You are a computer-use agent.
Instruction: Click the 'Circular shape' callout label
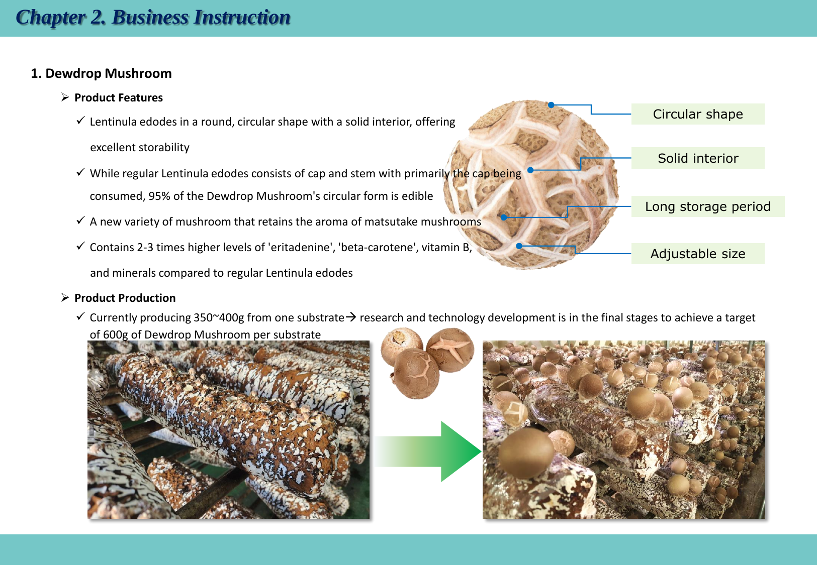[x=698, y=114]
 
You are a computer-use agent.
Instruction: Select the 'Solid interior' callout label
[x=698, y=158]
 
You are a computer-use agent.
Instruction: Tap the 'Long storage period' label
[x=707, y=206]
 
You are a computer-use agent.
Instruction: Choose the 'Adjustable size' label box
[x=698, y=254]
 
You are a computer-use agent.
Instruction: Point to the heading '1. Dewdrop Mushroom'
[x=101, y=74]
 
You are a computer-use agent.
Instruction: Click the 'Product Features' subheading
[x=119, y=97]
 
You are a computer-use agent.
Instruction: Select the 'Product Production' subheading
[x=125, y=298]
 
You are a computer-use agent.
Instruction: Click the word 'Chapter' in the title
[x=51, y=18]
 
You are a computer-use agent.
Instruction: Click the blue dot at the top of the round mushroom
[x=551, y=105]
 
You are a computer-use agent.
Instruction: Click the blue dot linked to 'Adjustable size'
[x=519, y=246]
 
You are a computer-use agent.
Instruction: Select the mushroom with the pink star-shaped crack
[x=450, y=350]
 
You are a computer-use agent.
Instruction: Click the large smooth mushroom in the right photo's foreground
[x=526, y=453]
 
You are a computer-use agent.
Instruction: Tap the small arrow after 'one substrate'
[x=351, y=317]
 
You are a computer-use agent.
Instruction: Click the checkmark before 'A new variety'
[x=80, y=220]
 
